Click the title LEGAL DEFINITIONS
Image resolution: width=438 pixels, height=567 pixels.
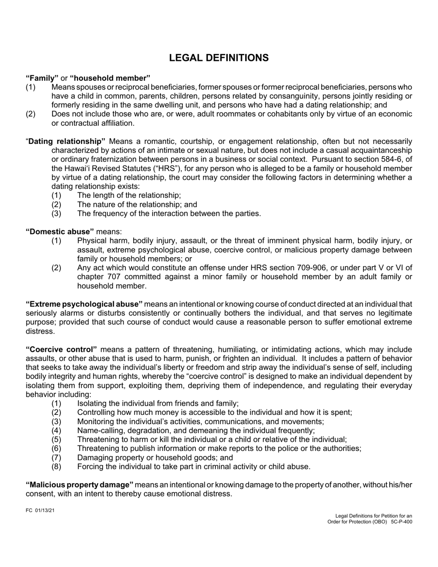(x=219, y=58)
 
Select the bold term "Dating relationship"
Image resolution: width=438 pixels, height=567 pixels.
(x=67, y=141)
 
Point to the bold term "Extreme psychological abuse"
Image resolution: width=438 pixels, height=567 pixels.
(x=84, y=304)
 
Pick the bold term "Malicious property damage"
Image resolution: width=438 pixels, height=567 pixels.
(x=79, y=484)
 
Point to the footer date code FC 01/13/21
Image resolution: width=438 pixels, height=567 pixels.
(x=40, y=511)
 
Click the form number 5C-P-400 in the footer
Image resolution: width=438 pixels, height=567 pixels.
(x=401, y=522)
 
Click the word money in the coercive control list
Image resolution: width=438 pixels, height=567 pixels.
(x=153, y=412)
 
